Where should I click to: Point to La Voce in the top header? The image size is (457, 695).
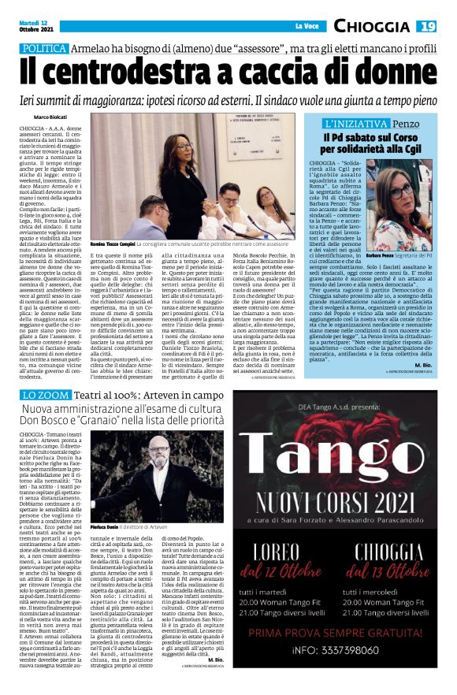click(x=305, y=27)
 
